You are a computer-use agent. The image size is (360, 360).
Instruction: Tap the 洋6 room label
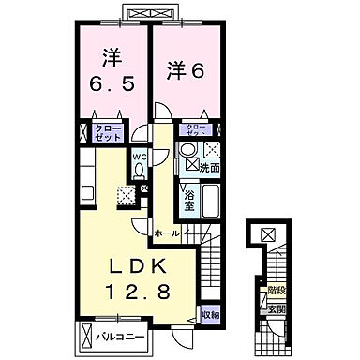pyautogui.click(x=184, y=68)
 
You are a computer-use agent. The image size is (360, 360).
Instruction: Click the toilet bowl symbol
pyautogui.click(x=139, y=171)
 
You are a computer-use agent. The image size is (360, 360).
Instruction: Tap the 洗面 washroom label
pyautogui.click(x=209, y=168)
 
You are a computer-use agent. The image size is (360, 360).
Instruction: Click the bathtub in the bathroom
pyautogui.click(x=210, y=200)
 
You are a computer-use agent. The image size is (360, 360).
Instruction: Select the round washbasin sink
pyautogui.click(x=187, y=152)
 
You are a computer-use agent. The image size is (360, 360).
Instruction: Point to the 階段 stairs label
pyautogui.click(x=275, y=292)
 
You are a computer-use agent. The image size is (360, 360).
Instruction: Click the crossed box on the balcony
pyautogui.click(x=87, y=335)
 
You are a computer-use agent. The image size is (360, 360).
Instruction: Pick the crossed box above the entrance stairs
pyautogui.click(x=267, y=235)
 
